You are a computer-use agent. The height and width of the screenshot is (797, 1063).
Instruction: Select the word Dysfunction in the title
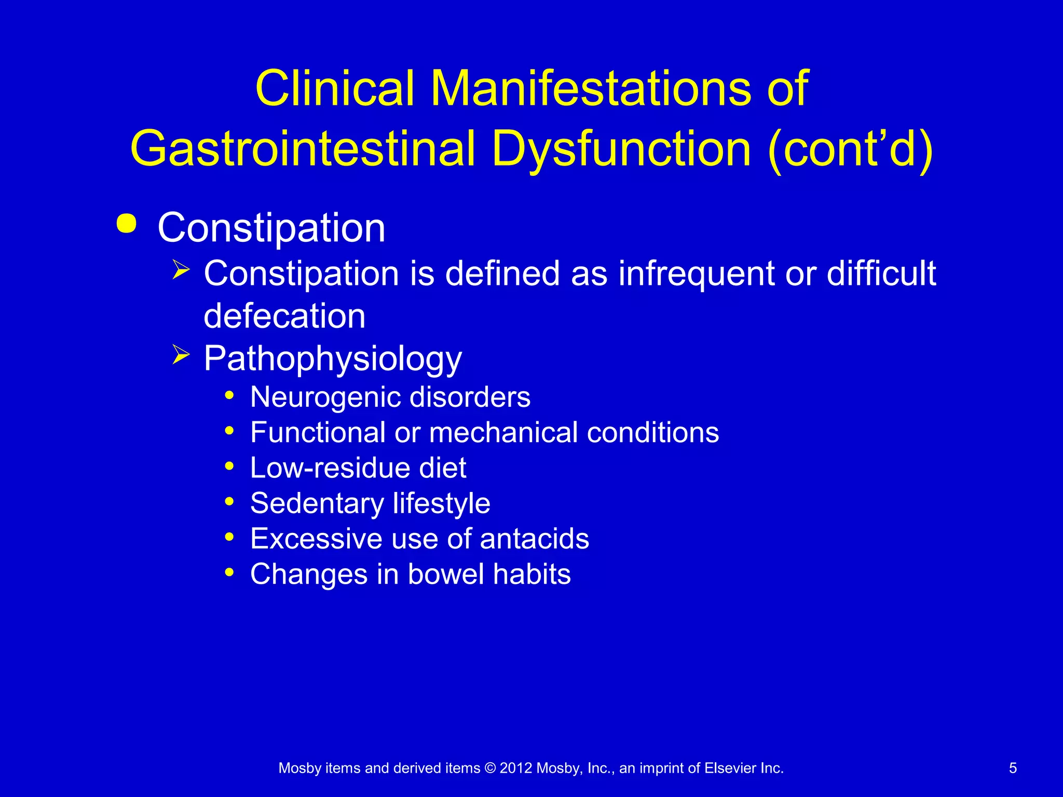pyautogui.click(x=621, y=149)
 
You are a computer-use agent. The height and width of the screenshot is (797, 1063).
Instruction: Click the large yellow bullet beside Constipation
pyautogui.click(x=127, y=224)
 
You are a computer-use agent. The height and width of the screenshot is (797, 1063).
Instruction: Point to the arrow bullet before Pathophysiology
pyautogui.click(x=181, y=355)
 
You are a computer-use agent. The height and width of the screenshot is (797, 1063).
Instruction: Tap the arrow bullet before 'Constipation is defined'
pyautogui.click(x=181, y=270)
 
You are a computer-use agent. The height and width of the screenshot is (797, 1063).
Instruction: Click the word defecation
pyautogui.click(x=284, y=316)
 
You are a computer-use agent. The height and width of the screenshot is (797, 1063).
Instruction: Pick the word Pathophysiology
pyautogui.click(x=333, y=359)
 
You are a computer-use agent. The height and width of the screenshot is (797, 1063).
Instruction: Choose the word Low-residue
pyautogui.click(x=330, y=468)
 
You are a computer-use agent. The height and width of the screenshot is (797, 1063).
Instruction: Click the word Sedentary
pyautogui.click(x=317, y=503)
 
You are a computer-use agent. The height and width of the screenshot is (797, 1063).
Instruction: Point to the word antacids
pyautogui.click(x=534, y=539)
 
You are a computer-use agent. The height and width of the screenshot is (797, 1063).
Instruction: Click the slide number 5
pyautogui.click(x=1013, y=768)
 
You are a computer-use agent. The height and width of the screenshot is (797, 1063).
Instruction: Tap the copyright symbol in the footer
pyautogui.click(x=490, y=768)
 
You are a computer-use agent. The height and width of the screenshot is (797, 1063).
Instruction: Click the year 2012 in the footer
pyautogui.click(x=515, y=768)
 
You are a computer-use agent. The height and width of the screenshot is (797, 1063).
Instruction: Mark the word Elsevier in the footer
pyautogui.click(x=730, y=768)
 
